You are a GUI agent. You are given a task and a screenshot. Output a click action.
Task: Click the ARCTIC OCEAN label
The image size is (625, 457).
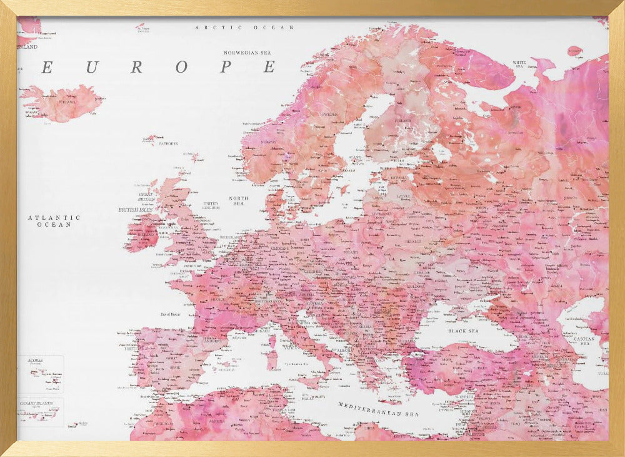(244, 28)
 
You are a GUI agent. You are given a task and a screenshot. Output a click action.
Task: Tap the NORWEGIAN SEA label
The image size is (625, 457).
(250, 53)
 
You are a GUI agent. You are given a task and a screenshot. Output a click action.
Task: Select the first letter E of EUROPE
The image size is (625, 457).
(47, 68)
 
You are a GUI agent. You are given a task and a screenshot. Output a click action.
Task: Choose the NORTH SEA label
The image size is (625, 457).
(239, 201)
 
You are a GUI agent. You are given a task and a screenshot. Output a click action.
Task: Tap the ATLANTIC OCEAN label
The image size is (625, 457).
(54, 220)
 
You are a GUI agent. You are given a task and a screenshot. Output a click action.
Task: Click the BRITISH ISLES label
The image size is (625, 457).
(137, 210)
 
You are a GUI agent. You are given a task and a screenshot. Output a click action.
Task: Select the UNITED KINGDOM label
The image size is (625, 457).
(211, 205)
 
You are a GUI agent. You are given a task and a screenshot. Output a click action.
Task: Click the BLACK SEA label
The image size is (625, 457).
(462, 330)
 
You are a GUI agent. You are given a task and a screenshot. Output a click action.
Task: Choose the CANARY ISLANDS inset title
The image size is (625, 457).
(36, 403)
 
